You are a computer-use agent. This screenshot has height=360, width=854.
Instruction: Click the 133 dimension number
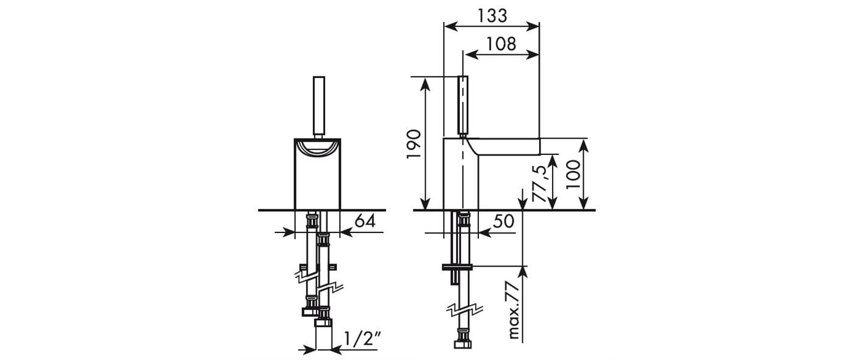point(492,16)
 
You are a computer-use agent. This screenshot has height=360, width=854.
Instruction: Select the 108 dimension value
point(501,44)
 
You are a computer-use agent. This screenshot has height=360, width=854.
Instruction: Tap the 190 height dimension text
point(414,144)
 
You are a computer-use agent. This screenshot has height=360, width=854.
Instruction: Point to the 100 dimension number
point(573,175)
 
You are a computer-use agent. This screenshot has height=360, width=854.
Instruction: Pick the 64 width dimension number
point(365,221)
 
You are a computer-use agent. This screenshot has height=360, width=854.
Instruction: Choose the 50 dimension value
point(504,221)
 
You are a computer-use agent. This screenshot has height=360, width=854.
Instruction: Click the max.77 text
point(514,311)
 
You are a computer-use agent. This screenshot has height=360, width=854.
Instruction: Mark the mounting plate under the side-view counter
point(457,267)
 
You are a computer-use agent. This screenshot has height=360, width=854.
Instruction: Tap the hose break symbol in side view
point(465,311)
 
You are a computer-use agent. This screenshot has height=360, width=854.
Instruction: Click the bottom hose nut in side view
point(463,344)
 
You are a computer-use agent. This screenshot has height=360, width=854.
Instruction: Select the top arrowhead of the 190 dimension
point(426,84)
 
